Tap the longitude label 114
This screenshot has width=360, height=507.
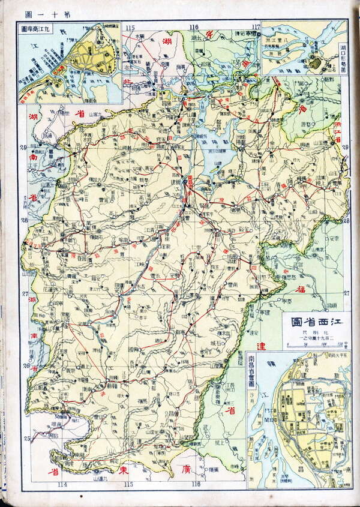(x=62, y=485)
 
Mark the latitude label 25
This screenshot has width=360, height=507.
(x=27, y=439)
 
